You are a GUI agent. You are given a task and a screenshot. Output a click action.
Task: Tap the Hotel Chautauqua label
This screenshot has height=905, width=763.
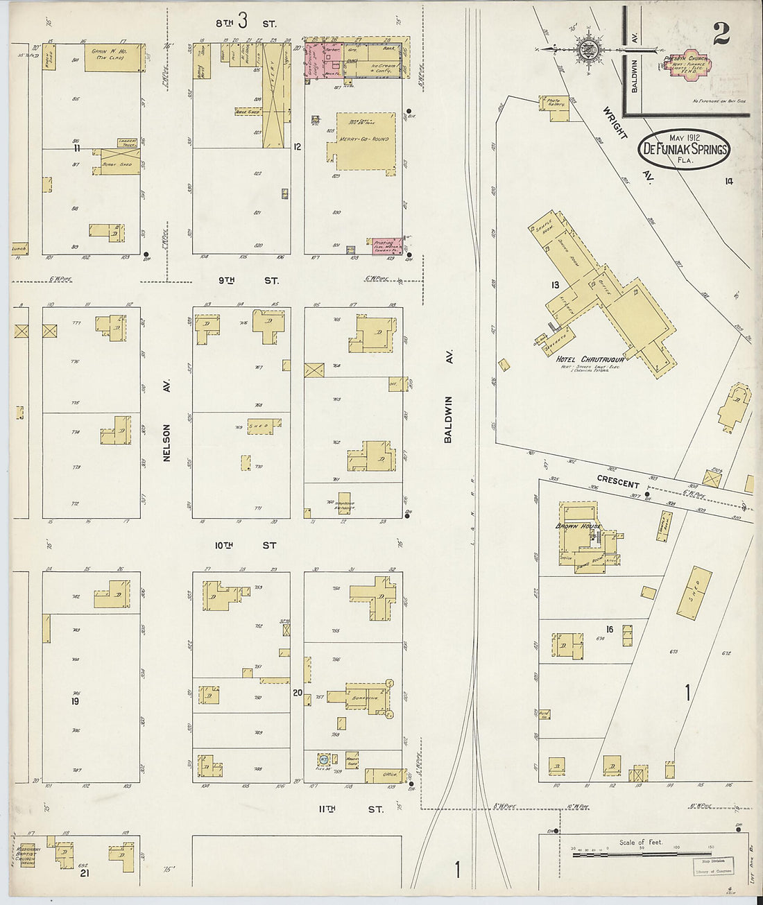592,359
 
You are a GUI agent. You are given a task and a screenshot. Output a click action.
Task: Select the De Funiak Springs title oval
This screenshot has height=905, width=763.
683,148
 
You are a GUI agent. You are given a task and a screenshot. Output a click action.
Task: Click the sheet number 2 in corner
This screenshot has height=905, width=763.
721,33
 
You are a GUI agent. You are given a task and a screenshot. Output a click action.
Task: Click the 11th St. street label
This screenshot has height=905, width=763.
350,809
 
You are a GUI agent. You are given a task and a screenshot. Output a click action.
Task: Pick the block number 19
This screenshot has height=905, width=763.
74,701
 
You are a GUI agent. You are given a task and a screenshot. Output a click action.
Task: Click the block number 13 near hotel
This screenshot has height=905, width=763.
555,285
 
